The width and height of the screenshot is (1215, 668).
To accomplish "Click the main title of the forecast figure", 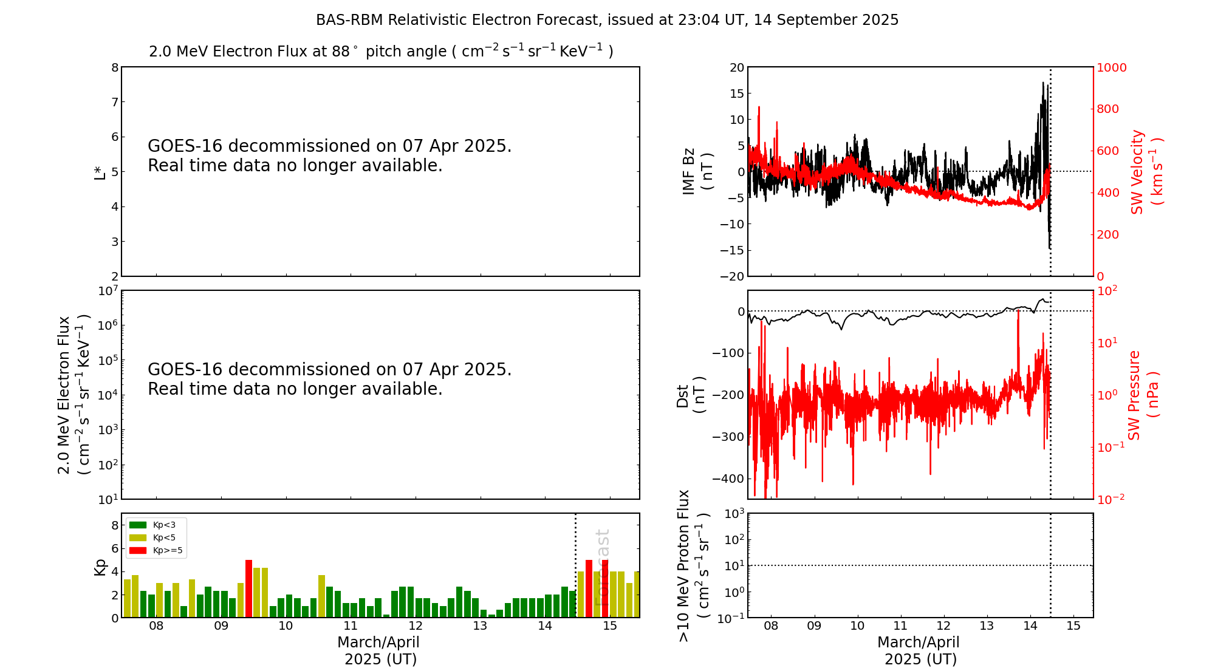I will tap(607, 20).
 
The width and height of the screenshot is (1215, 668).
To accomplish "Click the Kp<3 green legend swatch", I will tap(138, 525).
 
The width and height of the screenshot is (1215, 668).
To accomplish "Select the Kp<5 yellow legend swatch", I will tap(138, 537).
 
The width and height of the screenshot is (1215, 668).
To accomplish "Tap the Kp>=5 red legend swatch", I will tap(138, 551).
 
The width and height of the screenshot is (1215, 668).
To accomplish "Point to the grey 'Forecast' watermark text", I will tap(601, 568).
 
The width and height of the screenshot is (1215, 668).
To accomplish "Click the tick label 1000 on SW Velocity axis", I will tap(1111, 67).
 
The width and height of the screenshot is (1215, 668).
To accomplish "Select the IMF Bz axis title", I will tap(697, 171).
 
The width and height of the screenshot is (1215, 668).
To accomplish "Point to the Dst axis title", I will tap(691, 395).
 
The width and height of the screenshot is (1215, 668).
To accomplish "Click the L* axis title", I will tap(100, 171).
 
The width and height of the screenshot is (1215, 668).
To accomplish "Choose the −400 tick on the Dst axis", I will tap(728, 479).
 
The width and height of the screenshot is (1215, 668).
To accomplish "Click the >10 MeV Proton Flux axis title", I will tap(693, 565).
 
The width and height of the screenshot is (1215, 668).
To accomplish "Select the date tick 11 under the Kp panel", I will tap(351, 626).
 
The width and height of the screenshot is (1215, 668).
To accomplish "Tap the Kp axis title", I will tap(100, 567).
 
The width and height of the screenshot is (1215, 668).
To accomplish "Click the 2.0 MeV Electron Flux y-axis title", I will tap(74, 395).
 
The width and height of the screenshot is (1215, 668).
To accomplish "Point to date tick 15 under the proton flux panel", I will tap(1073, 626).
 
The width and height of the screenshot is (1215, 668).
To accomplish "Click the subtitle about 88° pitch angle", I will tap(381, 51).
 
